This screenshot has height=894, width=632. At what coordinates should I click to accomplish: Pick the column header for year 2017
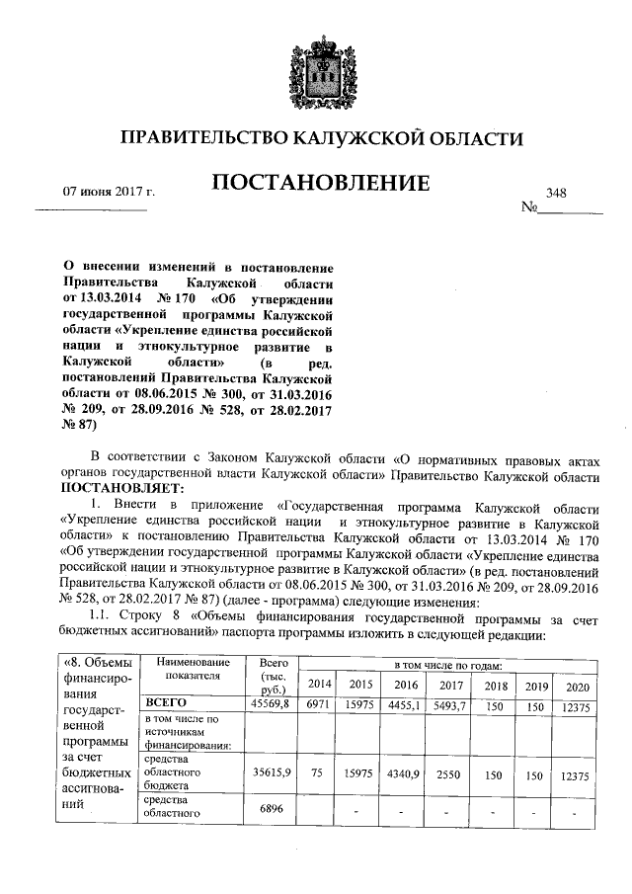click(451, 684)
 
